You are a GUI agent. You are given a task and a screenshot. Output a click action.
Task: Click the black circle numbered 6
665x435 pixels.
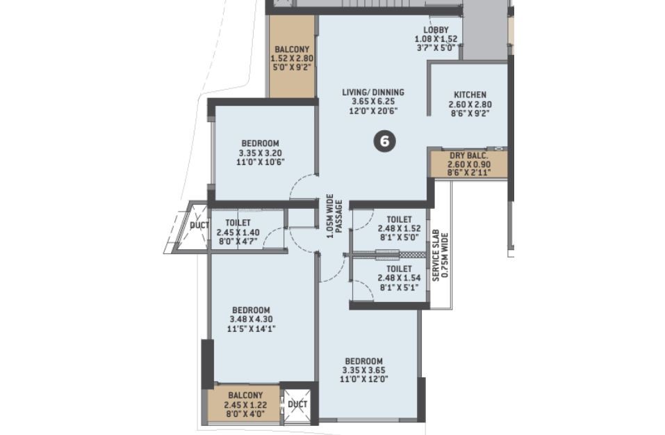tap(385, 141)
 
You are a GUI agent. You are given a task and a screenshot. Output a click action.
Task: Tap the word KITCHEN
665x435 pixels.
tap(470, 95)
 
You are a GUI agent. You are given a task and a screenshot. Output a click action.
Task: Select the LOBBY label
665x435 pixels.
tap(436, 30)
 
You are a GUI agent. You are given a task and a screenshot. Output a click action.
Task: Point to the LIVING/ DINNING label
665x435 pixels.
tap(373, 92)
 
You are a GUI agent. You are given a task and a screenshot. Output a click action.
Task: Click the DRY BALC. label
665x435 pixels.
tap(469, 156)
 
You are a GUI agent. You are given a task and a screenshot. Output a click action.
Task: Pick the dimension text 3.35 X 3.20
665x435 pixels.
tap(261, 153)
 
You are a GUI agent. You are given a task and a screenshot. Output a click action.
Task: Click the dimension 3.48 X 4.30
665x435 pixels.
tap(252, 319)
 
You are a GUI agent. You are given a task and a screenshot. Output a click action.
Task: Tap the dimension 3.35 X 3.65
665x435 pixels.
tap(364, 370)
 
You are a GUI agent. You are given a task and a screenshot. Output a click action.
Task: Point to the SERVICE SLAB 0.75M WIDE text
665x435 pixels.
tap(440, 255)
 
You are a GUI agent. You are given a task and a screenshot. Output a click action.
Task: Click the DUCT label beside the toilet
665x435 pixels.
tap(199, 226)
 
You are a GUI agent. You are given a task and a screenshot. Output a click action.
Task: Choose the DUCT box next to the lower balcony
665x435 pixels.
tap(297, 404)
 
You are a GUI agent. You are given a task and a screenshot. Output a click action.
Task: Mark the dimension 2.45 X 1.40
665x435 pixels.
tap(238, 232)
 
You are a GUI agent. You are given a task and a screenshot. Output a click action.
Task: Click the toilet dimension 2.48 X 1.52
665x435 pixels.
tap(399, 228)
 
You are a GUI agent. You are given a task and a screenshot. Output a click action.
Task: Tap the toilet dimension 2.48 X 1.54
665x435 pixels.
tap(399, 278)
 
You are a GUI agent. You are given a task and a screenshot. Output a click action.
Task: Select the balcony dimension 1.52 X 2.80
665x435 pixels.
tap(292, 58)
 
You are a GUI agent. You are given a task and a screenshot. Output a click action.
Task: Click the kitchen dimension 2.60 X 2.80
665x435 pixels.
tap(470, 104)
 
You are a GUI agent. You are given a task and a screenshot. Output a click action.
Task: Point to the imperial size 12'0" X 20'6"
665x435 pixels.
tap(373, 111)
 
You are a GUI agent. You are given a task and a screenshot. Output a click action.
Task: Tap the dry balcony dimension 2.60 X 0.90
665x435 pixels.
tap(469, 165)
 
